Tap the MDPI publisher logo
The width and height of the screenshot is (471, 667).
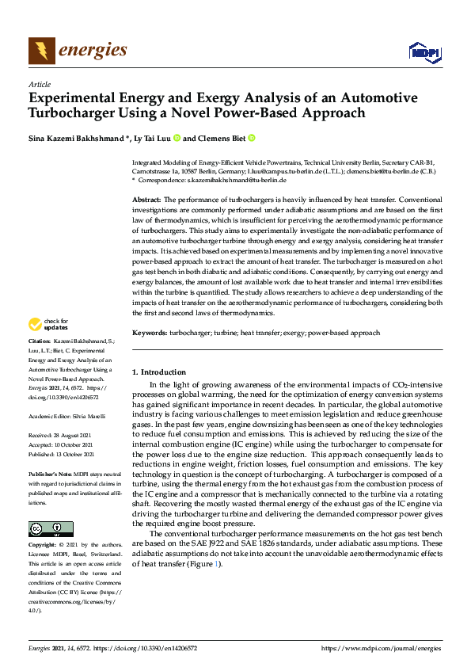(424, 52)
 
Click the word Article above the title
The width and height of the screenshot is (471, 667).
(39, 84)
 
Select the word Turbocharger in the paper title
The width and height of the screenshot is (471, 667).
(69, 112)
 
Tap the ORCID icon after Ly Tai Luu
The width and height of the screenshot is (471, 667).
(177, 138)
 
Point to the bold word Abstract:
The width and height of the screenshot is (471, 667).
(146, 199)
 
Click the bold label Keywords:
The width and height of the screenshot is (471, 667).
(150, 333)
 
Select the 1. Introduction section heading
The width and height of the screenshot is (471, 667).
(158, 372)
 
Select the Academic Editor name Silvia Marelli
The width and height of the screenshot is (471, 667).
(94, 416)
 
